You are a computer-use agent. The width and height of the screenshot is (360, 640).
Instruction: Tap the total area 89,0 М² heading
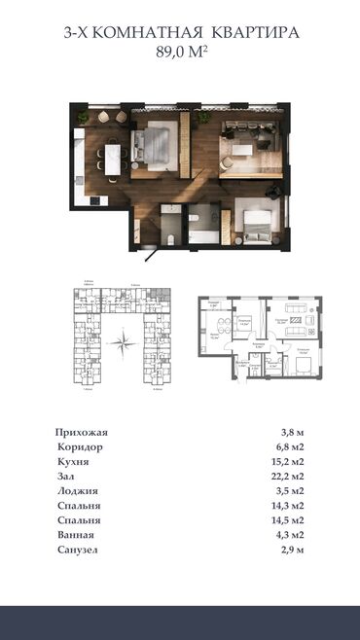[x=180, y=53]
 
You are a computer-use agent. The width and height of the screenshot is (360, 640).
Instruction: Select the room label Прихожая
[x=83, y=432]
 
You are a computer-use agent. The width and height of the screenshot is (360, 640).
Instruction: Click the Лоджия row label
[x=79, y=491]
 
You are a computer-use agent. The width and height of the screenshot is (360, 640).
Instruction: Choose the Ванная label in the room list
[x=78, y=536]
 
